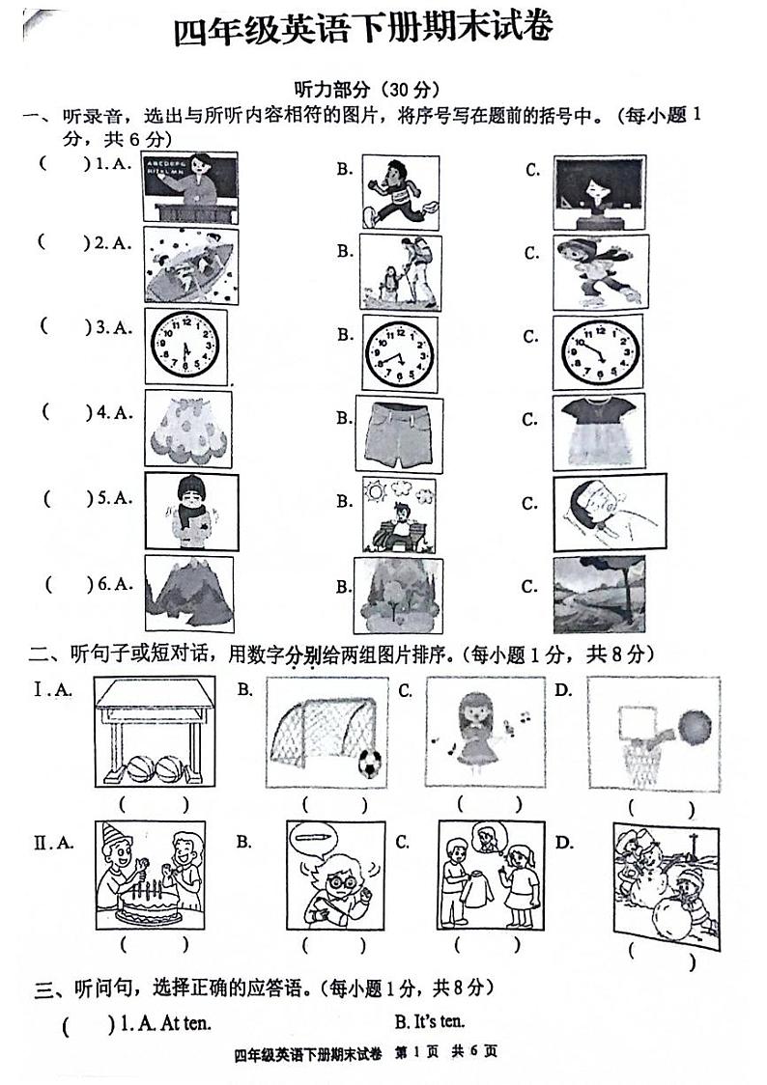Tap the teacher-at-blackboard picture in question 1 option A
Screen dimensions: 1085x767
(x=190, y=187)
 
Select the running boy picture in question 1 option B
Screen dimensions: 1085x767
(x=400, y=191)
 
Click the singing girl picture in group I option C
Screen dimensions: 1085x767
(x=477, y=731)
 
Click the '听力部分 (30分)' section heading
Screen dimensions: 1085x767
(x=368, y=90)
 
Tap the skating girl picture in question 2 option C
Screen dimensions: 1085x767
(x=600, y=271)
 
